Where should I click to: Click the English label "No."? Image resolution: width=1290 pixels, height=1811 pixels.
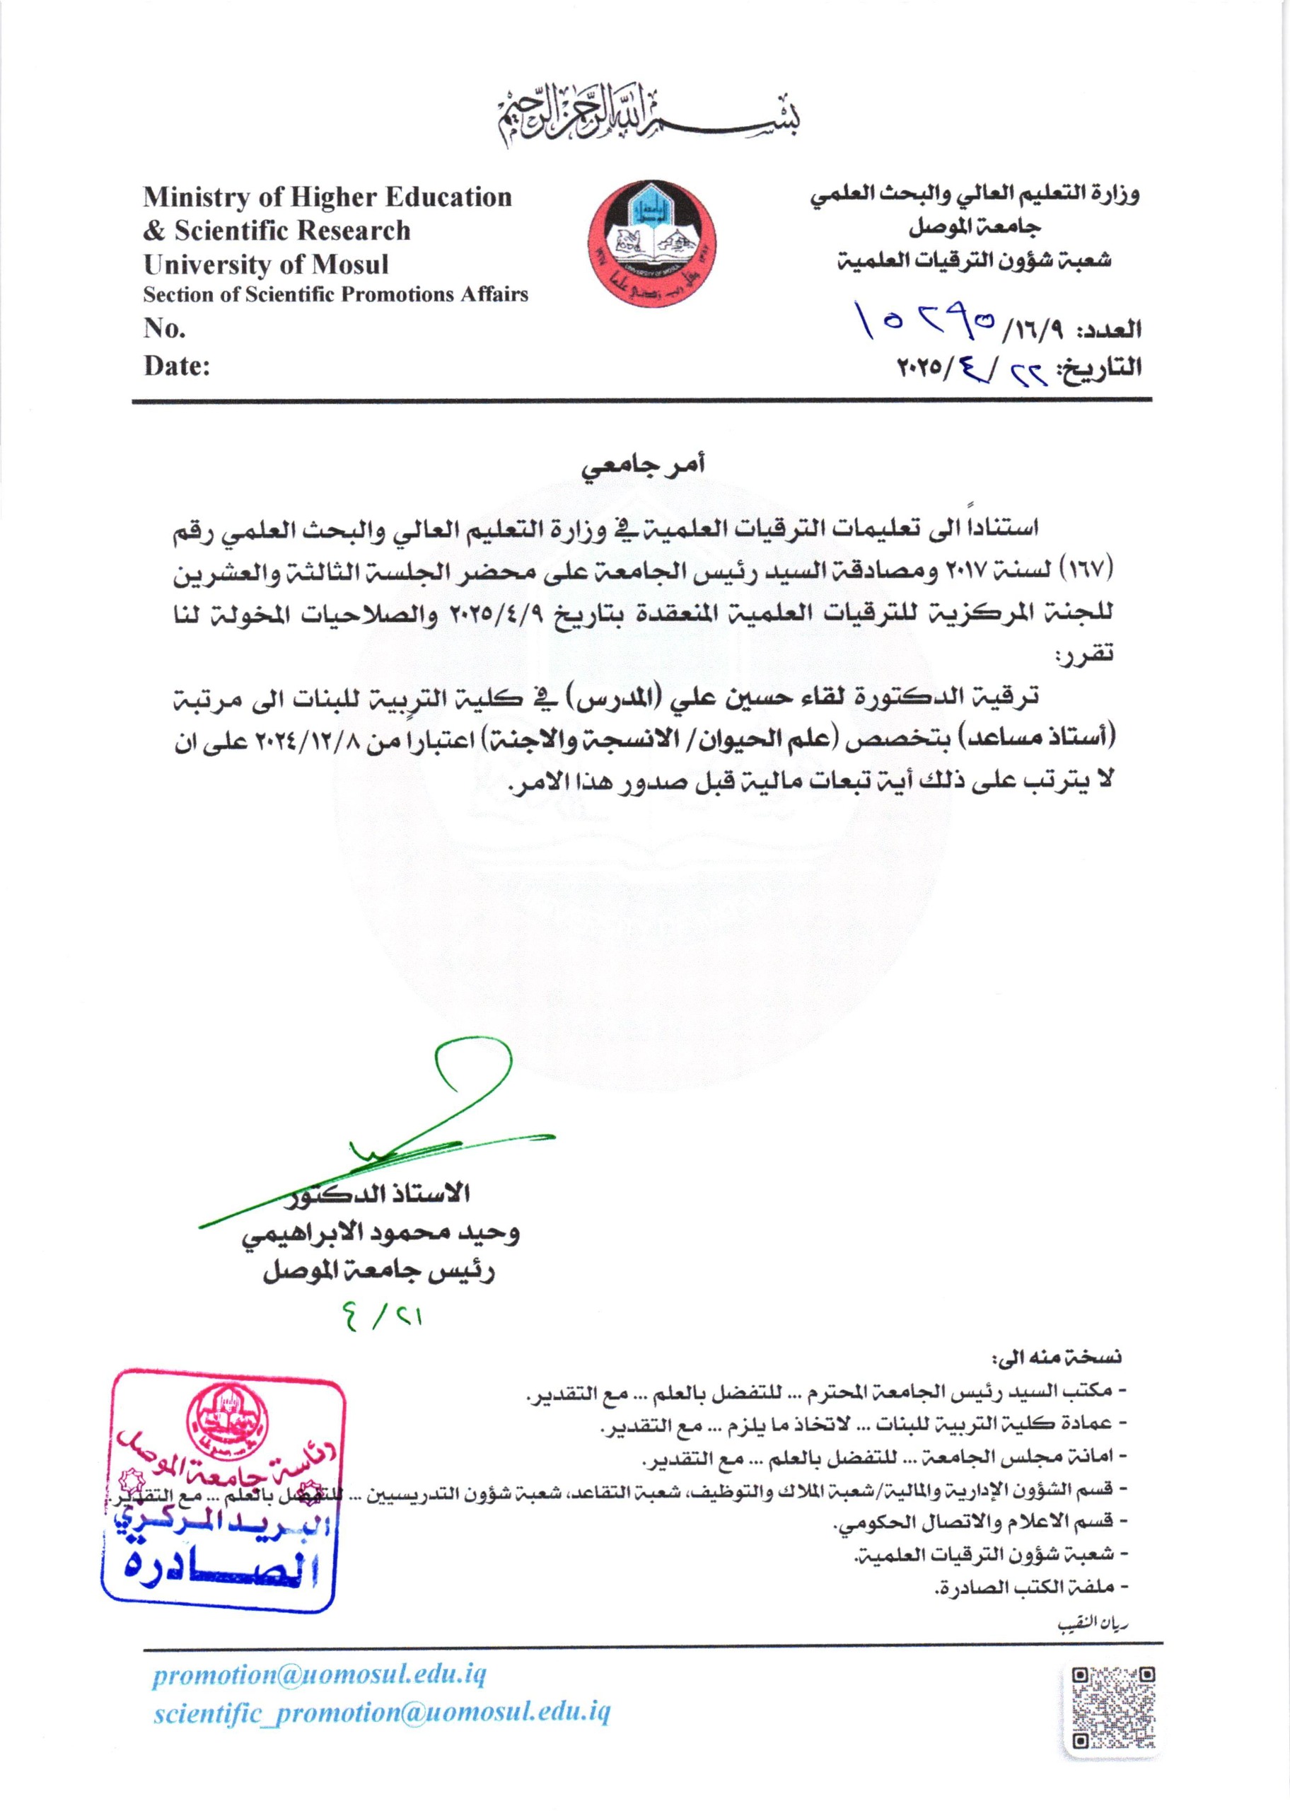pyautogui.click(x=164, y=328)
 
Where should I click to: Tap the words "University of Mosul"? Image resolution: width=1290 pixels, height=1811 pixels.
pyautogui.click(x=266, y=264)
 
